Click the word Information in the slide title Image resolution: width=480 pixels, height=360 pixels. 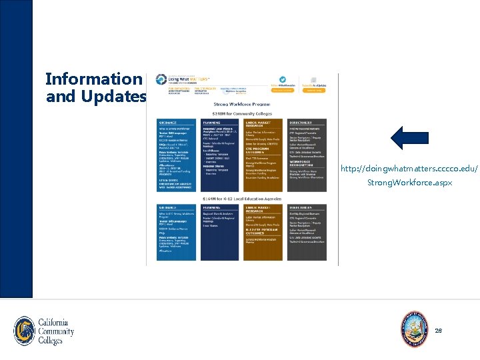[x=93, y=79]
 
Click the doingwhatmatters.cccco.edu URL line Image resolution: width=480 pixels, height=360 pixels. [x=409, y=169]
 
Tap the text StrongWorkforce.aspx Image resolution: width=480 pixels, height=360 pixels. [x=409, y=182]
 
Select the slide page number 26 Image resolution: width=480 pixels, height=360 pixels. [x=438, y=331]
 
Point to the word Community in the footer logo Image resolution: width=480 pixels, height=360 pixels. [x=57, y=331]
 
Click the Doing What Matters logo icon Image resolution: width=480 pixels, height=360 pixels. [x=161, y=80]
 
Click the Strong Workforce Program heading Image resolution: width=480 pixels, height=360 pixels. [x=242, y=104]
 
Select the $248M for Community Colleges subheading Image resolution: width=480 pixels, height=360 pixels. [x=242, y=114]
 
